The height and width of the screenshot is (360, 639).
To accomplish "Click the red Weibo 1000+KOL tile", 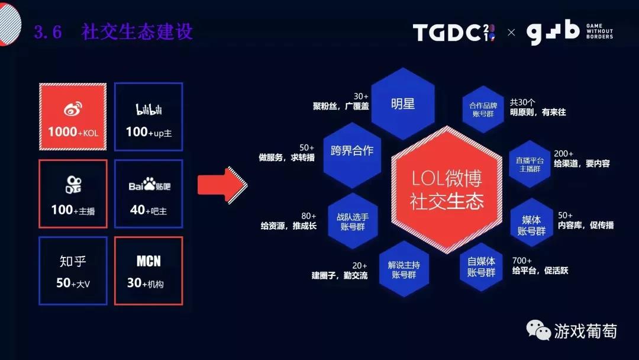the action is (x=73, y=117).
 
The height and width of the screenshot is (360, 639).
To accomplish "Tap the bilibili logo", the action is (x=149, y=110).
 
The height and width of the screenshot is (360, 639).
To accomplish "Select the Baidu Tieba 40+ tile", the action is (x=149, y=194).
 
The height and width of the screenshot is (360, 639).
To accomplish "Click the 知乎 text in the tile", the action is (x=73, y=261).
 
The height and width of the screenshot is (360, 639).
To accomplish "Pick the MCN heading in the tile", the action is (x=149, y=261).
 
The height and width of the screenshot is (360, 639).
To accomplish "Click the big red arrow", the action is (x=222, y=185).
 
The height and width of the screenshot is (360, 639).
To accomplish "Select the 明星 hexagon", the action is (x=403, y=104).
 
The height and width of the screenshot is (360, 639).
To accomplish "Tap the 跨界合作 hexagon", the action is (x=352, y=155).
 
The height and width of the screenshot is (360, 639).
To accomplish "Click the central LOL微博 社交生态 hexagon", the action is (x=447, y=190).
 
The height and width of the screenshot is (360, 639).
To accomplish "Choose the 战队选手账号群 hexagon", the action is (x=353, y=221).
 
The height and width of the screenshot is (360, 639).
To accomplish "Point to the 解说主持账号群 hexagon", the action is (x=404, y=269).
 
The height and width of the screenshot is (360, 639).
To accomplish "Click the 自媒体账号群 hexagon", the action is (x=481, y=266).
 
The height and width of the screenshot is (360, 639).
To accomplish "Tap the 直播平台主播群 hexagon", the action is (x=530, y=164).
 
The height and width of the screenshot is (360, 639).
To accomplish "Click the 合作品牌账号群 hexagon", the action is (x=483, y=110).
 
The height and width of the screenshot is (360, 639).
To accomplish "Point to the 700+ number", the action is (x=522, y=261).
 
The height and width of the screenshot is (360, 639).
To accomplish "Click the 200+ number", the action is (x=564, y=154).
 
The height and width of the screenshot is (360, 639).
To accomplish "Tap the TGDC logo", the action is (x=454, y=32).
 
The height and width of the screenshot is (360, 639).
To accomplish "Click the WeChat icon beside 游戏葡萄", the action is (x=538, y=329).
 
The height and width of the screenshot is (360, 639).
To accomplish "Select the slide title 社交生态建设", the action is (x=137, y=31).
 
